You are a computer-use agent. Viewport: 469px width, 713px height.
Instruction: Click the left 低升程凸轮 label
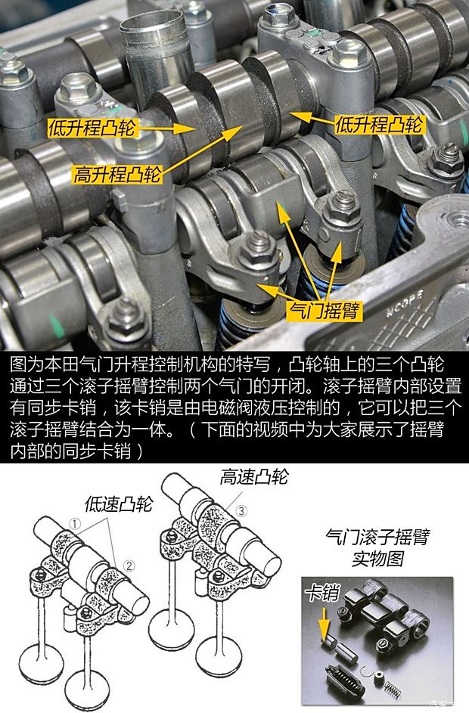click(x=92, y=127)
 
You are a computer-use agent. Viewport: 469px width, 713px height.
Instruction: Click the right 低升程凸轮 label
click(x=378, y=122)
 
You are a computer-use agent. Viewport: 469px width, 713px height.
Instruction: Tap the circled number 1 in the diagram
click(x=76, y=522)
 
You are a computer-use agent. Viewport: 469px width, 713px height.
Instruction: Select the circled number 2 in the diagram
click(x=129, y=563)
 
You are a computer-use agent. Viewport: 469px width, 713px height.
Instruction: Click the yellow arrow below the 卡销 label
click(x=325, y=621)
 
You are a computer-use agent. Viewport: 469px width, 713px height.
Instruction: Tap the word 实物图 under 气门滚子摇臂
click(x=376, y=560)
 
